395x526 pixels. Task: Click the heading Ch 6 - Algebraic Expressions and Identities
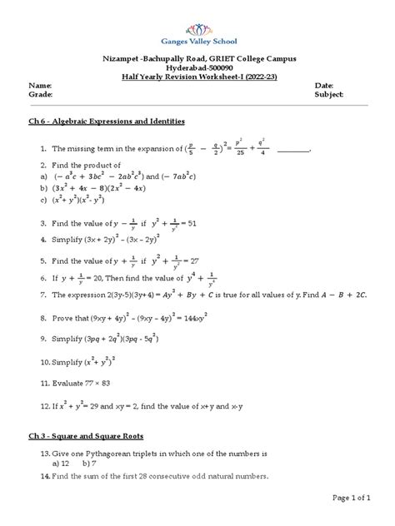106,122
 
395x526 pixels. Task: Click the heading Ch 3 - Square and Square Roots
88,435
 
